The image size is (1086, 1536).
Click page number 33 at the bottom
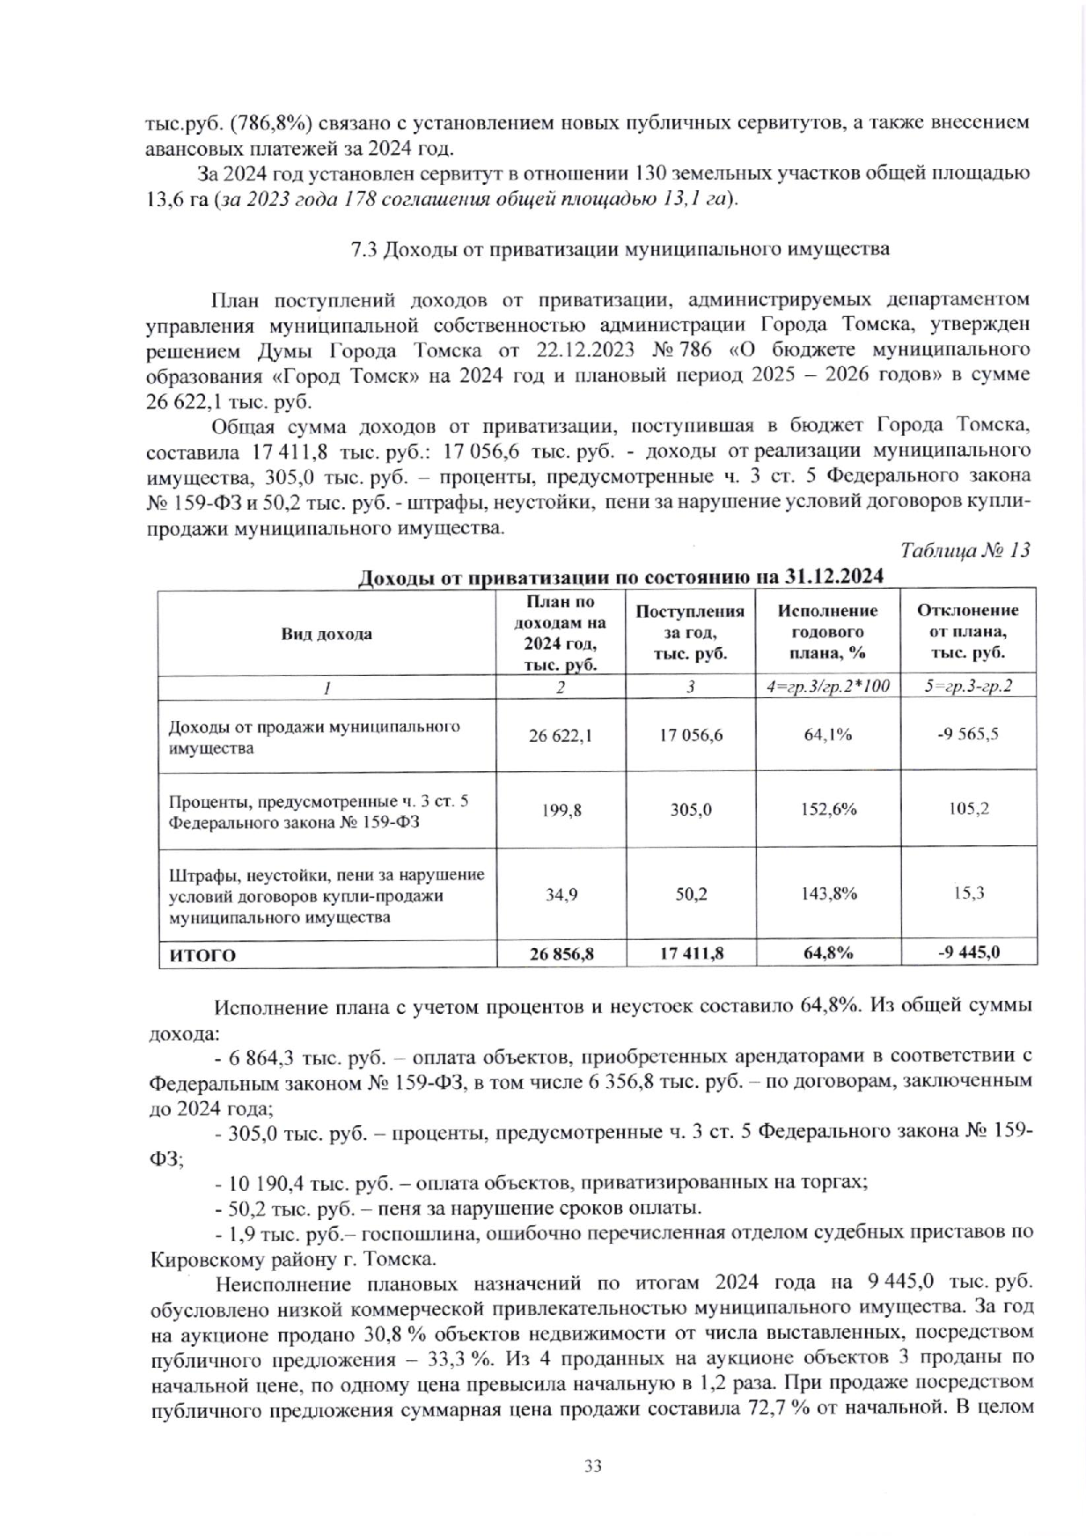592,1466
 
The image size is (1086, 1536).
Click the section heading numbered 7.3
620,249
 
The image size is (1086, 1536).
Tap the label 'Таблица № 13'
965,551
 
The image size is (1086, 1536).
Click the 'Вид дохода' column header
327,634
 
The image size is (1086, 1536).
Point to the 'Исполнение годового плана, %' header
827,632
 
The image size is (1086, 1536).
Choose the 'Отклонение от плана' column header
968,632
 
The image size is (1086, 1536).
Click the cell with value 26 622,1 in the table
561,735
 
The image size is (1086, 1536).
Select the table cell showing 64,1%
827,735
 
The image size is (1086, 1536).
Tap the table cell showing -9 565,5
968,735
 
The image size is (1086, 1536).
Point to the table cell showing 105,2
968,809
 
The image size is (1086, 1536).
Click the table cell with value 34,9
561,894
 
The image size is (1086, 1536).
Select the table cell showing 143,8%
827,894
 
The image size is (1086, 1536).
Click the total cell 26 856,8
561,953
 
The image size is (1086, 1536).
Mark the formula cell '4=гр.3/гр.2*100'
827,687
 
